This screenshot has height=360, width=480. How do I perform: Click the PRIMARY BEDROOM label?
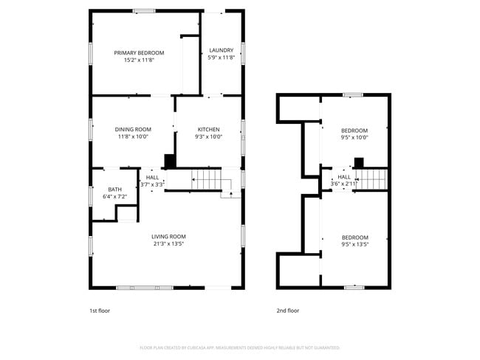click(139, 53)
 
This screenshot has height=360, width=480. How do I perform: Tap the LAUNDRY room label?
click(221, 50)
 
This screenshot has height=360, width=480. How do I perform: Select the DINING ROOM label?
click(133, 129)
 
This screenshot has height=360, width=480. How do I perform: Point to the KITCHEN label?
click(208, 129)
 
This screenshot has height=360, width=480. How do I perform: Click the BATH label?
click(114, 190)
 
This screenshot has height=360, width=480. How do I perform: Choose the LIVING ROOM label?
click(168, 236)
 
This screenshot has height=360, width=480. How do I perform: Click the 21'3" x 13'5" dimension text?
click(168, 243)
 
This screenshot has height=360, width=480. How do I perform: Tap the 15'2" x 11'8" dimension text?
click(139, 60)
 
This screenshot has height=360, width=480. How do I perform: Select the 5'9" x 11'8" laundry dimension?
click(221, 58)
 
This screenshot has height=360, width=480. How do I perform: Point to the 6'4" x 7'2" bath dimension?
click(114, 197)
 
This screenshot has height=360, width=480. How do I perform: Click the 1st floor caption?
click(100, 311)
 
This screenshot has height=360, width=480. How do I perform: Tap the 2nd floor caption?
click(288, 311)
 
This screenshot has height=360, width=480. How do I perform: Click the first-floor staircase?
click(207, 179)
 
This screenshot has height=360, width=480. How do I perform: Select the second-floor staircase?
click(372, 179)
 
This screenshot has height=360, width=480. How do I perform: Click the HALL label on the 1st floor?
click(152, 177)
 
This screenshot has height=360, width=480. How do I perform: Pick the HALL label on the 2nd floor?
click(344, 177)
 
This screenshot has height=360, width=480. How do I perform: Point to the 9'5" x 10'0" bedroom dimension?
click(354, 137)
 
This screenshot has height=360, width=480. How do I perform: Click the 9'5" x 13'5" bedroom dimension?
click(354, 244)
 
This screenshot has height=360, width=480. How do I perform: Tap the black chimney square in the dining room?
click(169, 160)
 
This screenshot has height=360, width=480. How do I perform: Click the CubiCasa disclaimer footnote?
click(239, 347)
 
